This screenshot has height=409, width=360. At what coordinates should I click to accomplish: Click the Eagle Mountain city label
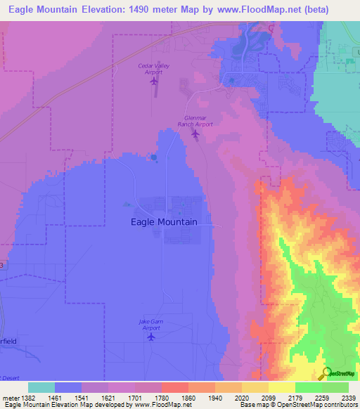pos(164,221)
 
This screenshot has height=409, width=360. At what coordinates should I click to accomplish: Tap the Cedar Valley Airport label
pos(153,68)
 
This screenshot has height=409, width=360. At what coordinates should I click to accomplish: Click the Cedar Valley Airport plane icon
pos(154,81)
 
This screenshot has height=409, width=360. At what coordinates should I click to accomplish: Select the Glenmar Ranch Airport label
pos(195,120)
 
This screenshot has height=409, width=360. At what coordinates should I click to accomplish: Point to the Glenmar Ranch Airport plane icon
pos(195,133)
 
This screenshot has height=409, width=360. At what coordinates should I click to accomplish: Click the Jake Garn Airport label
pos(150,325)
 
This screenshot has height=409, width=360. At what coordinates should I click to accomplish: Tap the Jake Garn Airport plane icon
pos(150,337)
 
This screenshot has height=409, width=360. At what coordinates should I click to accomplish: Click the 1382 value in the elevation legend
pos(27,398)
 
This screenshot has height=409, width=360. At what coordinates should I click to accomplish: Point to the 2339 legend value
pos(349,398)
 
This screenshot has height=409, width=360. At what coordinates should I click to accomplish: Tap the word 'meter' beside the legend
pos(9,398)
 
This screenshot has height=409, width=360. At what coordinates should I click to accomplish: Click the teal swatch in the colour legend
pos(41,387)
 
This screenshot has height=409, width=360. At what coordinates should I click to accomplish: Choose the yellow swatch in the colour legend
pos(281,387)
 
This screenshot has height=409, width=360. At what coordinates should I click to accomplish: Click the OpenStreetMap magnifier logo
pos(326,372)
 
